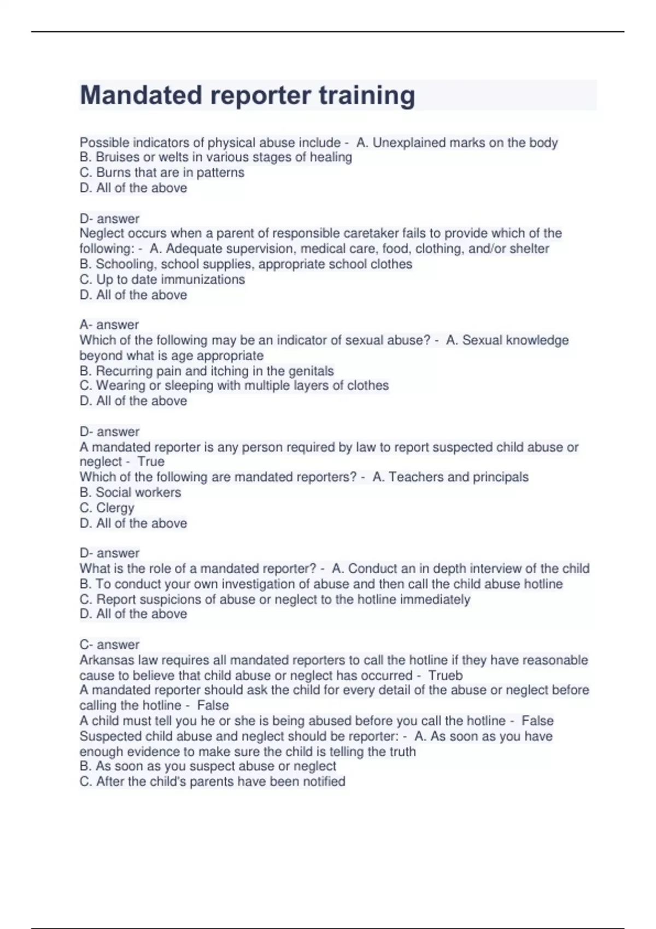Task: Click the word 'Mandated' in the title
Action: click(141, 95)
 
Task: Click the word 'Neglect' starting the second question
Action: click(103, 233)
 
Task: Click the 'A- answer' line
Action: click(109, 325)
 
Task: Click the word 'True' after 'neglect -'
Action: click(151, 462)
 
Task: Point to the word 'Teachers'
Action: click(415, 477)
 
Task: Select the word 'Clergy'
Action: click(115, 508)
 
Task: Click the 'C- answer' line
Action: click(109, 644)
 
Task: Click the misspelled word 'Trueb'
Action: click(445, 675)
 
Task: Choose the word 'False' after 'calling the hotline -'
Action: click(213, 705)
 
